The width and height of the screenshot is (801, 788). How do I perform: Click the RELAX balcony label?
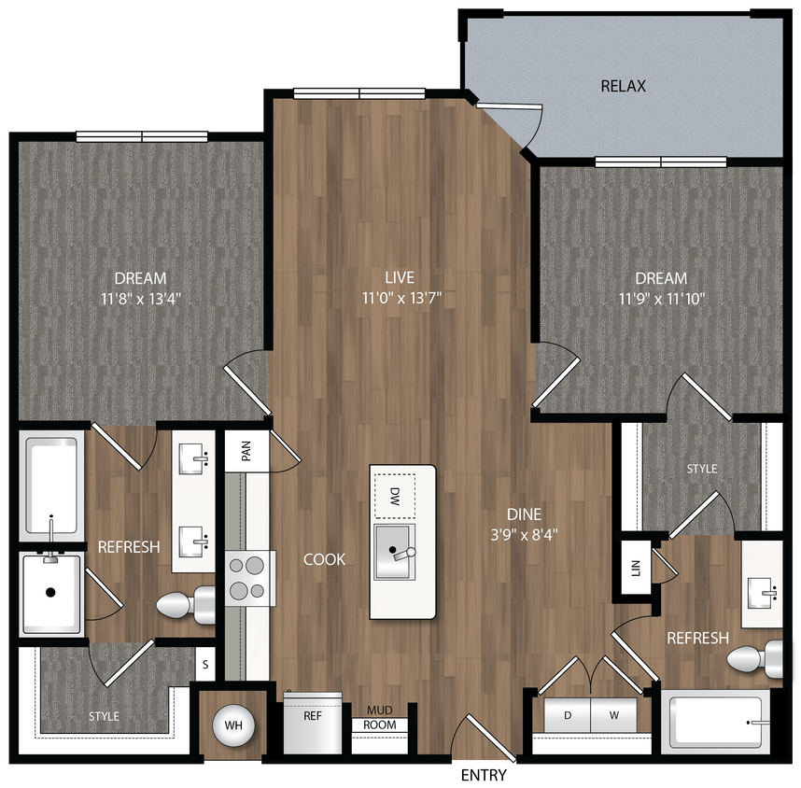[x=624, y=87]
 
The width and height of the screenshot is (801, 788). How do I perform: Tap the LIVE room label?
[x=400, y=277]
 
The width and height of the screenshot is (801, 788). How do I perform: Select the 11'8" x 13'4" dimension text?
[x=140, y=299]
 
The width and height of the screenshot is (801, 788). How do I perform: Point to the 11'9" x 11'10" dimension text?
[x=661, y=299]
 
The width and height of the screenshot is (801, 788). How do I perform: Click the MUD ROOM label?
[x=379, y=718]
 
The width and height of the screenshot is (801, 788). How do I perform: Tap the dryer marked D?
[x=567, y=715]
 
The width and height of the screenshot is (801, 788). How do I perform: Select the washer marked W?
[x=614, y=715]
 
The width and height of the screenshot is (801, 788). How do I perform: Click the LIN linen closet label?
[x=636, y=570]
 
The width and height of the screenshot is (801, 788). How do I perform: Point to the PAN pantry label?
[x=246, y=452]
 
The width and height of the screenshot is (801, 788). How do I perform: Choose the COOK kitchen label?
[x=324, y=559]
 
